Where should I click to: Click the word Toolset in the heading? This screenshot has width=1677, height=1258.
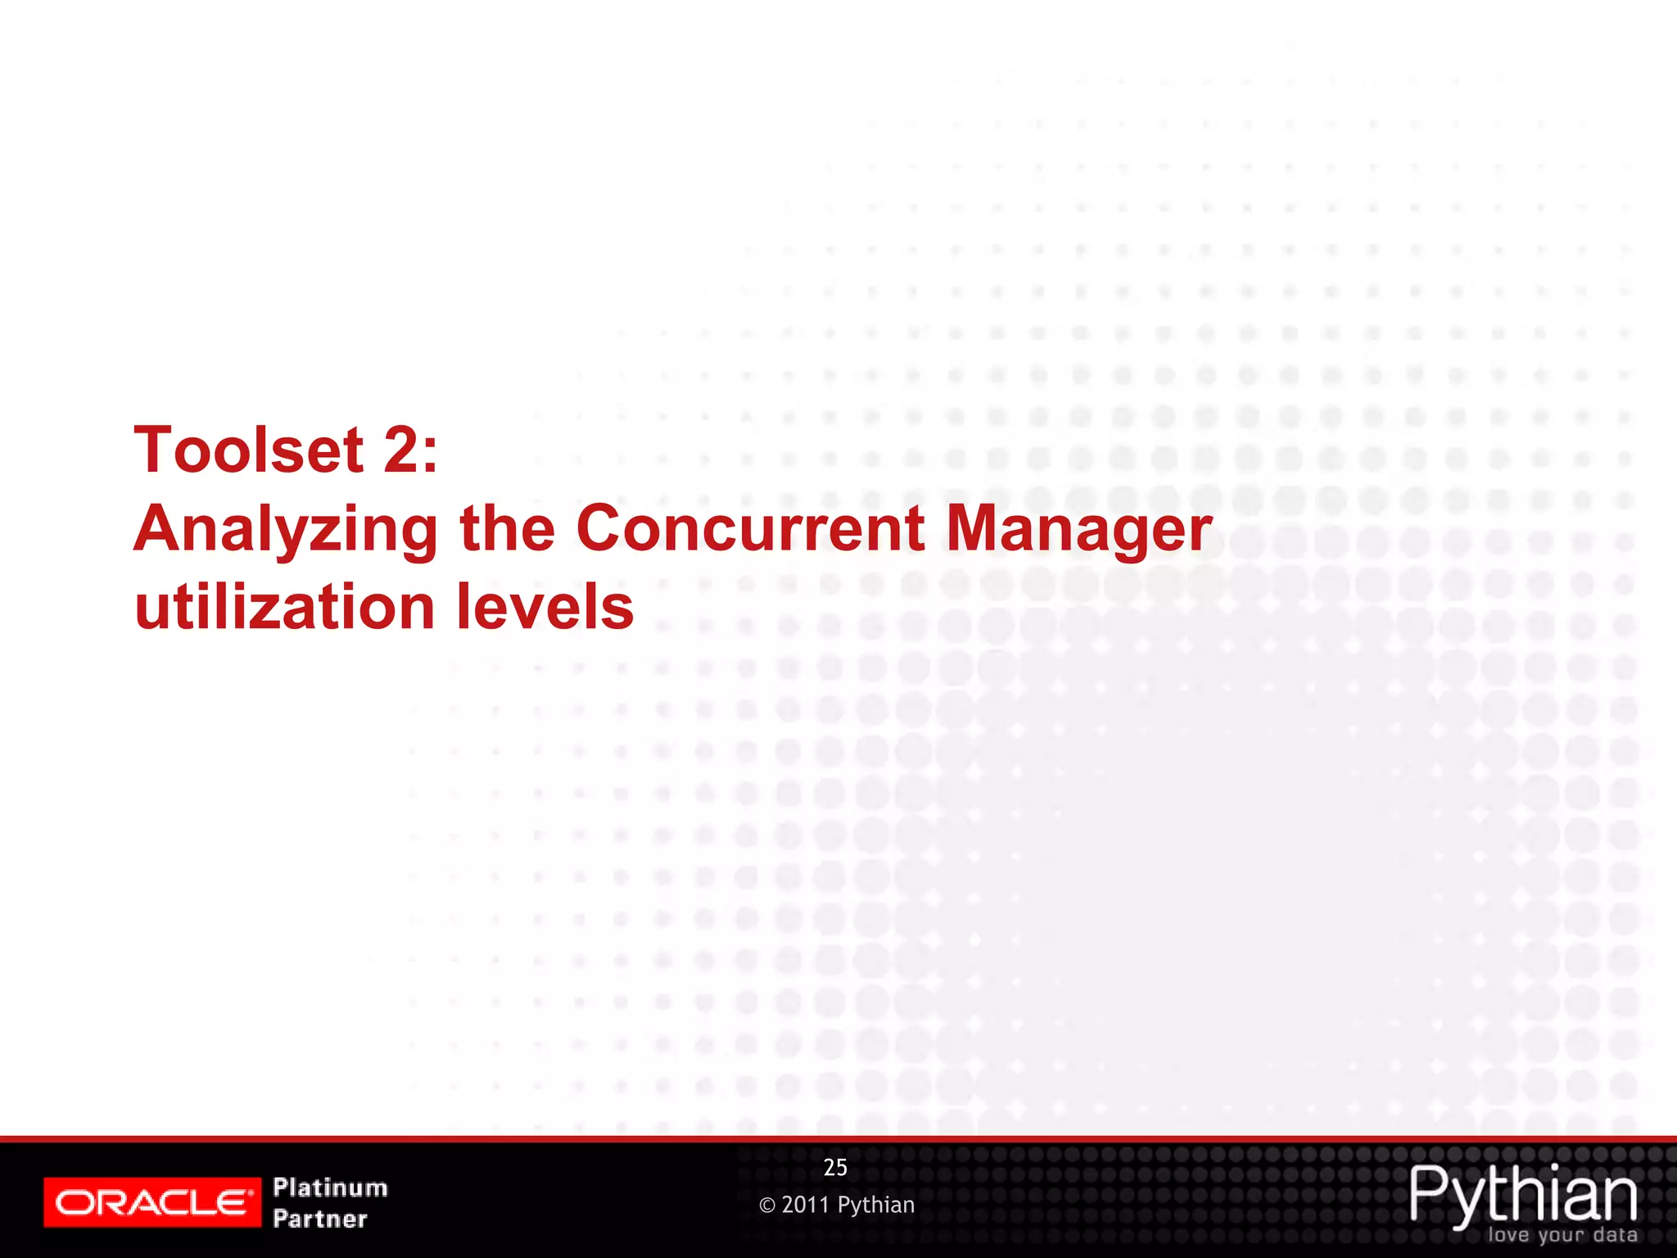click(249, 450)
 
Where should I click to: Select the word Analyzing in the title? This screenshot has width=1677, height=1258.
click(286, 531)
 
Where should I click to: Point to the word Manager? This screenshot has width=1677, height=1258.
click(1078, 531)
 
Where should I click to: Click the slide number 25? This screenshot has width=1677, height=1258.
click(835, 1168)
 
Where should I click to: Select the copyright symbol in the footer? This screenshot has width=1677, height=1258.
click(767, 1206)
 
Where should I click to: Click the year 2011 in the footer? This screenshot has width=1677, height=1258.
click(806, 1205)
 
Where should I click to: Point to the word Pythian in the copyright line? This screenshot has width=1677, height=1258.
click(876, 1206)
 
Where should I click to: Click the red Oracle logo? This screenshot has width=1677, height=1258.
click(152, 1202)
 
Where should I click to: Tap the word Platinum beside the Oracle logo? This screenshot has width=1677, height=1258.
click(330, 1188)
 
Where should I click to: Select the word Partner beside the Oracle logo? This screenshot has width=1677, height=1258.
click(320, 1219)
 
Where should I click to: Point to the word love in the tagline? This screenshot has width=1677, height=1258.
click(1509, 1235)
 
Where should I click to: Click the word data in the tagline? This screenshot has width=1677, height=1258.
click(1616, 1235)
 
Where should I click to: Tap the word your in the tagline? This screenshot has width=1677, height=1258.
click(1562, 1236)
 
